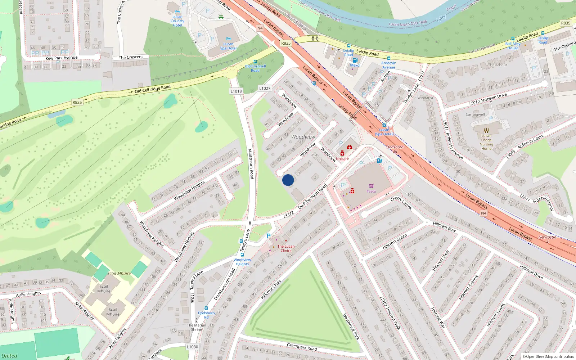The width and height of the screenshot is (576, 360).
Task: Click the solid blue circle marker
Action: pos(288,180)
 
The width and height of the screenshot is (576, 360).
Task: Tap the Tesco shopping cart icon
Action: pos(371,186)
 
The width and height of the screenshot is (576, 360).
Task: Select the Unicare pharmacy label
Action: pos(342,159)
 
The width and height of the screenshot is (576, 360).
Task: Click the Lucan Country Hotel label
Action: pos(177,21)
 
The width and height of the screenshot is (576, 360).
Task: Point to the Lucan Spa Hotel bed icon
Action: pos(228,39)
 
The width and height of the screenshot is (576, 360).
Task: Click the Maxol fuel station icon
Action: pos(355,60)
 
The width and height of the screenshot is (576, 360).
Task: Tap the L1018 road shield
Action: pos(236,91)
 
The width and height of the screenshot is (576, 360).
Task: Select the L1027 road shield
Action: pos(265,88)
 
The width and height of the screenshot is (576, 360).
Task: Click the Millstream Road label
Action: pos(251,164)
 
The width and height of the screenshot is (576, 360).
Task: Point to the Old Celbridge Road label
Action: pos(153,89)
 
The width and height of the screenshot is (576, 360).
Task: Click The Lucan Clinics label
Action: pos(286,248)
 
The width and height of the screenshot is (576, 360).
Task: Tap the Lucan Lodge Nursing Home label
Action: pos(486,142)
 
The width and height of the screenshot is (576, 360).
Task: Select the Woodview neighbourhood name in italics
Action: pos(303,137)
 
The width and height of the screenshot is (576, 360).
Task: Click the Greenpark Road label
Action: pos(302,347)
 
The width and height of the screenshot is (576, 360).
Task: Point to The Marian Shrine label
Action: pos(197,327)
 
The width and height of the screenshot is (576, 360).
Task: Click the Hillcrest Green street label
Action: pos(395,242)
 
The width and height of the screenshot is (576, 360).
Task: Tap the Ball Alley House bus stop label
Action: pos(513,46)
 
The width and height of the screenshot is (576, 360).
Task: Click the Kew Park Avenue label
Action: pos(62,58)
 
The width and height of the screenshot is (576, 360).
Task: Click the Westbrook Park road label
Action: pos(351,327)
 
